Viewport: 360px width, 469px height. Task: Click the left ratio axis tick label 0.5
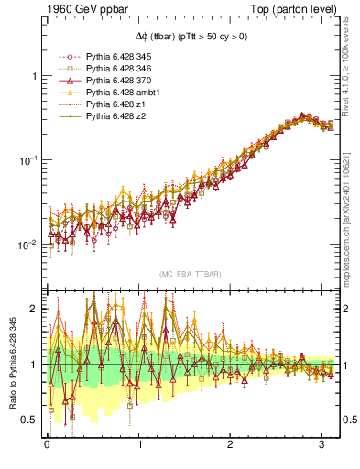click(30, 420)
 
